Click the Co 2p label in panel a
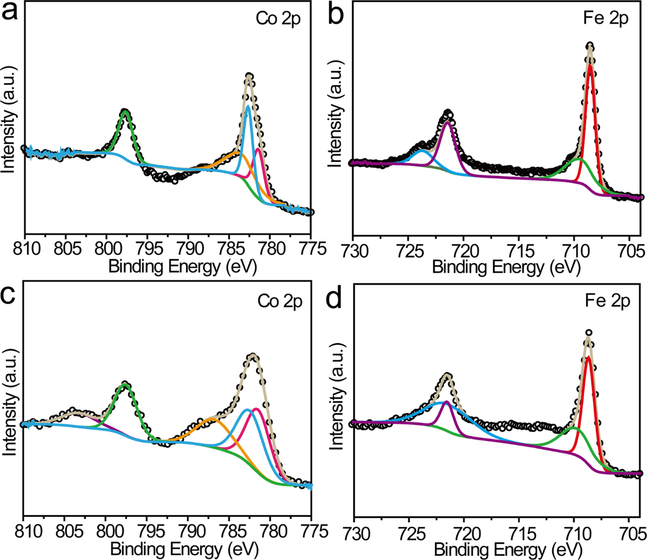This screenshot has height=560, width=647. [278, 19]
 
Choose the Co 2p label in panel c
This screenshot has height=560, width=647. [280, 301]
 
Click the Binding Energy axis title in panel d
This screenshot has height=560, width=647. [508, 550]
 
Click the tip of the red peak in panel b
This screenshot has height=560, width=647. [590, 66]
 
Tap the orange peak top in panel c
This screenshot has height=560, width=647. [212, 419]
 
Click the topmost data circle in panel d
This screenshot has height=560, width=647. [588, 333]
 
